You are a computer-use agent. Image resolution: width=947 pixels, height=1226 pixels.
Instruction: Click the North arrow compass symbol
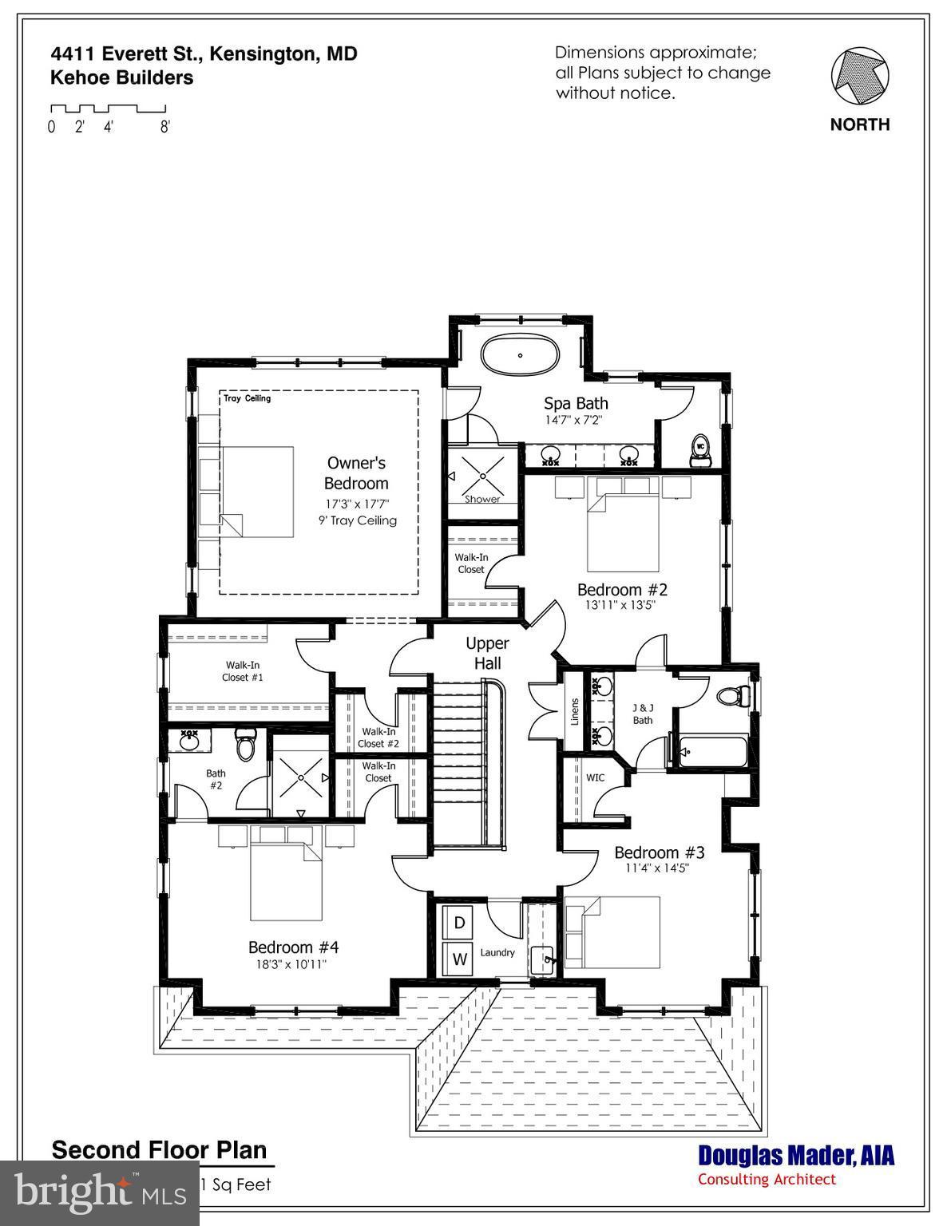(x=859, y=77)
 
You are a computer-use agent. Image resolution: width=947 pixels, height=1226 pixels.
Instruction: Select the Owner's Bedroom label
(x=356, y=473)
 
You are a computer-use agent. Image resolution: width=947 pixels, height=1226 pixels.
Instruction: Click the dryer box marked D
(x=459, y=923)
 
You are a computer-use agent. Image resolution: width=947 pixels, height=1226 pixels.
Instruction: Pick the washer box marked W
(x=459, y=959)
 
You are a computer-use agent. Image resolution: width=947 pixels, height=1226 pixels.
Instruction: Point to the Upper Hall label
(x=487, y=653)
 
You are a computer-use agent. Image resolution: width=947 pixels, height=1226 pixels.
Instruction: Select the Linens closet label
(x=575, y=712)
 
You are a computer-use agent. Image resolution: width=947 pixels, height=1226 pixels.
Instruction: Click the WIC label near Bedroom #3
(x=595, y=777)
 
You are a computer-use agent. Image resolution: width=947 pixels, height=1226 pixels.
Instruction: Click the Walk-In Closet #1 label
(x=243, y=671)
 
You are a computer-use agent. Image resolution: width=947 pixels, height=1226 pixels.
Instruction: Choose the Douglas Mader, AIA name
(x=796, y=1155)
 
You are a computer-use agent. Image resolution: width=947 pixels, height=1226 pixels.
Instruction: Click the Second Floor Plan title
(x=159, y=1150)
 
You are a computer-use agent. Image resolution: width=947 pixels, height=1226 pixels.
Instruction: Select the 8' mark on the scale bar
(x=164, y=127)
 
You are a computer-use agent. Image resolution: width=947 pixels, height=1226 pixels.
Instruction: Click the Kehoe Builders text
(x=121, y=77)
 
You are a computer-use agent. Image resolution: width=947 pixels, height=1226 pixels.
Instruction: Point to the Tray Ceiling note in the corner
(x=247, y=398)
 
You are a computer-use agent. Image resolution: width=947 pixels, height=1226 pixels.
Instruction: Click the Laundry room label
(x=497, y=952)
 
